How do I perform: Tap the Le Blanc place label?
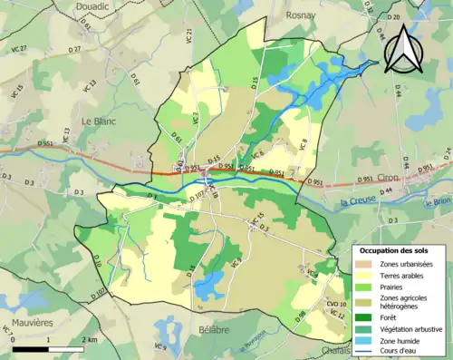100,121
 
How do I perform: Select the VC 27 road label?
18,49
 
